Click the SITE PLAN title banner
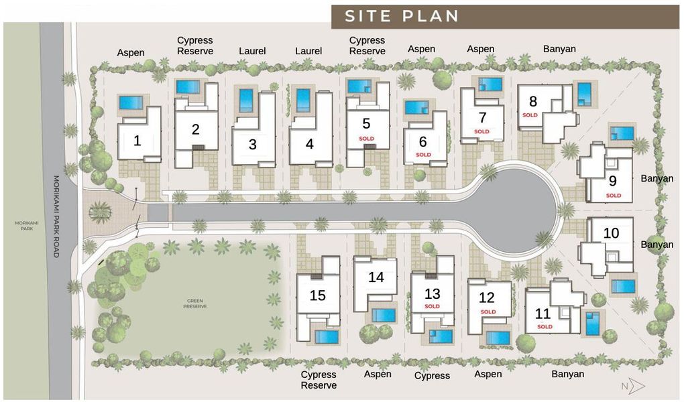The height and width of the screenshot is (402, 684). pyautogui.click(x=402, y=16)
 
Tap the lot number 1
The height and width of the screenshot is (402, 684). pyautogui.click(x=137, y=141)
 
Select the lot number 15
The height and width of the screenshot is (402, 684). pyautogui.click(x=318, y=295)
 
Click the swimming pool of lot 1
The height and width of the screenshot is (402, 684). pyautogui.click(x=131, y=103)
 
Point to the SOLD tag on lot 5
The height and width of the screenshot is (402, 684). pyautogui.click(x=366, y=139)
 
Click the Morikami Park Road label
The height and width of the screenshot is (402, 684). pyautogui.click(x=56, y=216)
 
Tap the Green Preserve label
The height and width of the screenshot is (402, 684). pyautogui.click(x=194, y=304)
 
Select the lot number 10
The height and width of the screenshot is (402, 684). pyautogui.click(x=610, y=233)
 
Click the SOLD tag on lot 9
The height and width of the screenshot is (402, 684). pyautogui.click(x=614, y=196)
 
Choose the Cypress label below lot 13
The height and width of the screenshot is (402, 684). pyautogui.click(x=432, y=376)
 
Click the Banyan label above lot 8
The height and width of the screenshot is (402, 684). pyautogui.click(x=559, y=48)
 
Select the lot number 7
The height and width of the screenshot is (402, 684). pyautogui.click(x=482, y=117)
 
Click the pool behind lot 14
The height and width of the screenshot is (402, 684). pyautogui.click(x=384, y=315)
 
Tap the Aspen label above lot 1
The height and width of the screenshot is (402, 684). pyautogui.click(x=131, y=52)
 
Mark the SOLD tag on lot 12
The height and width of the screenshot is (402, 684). pyautogui.click(x=488, y=312)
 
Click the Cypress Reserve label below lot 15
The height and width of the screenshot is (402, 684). pyautogui.click(x=319, y=380)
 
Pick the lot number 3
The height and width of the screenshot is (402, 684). pyautogui.click(x=252, y=144)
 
